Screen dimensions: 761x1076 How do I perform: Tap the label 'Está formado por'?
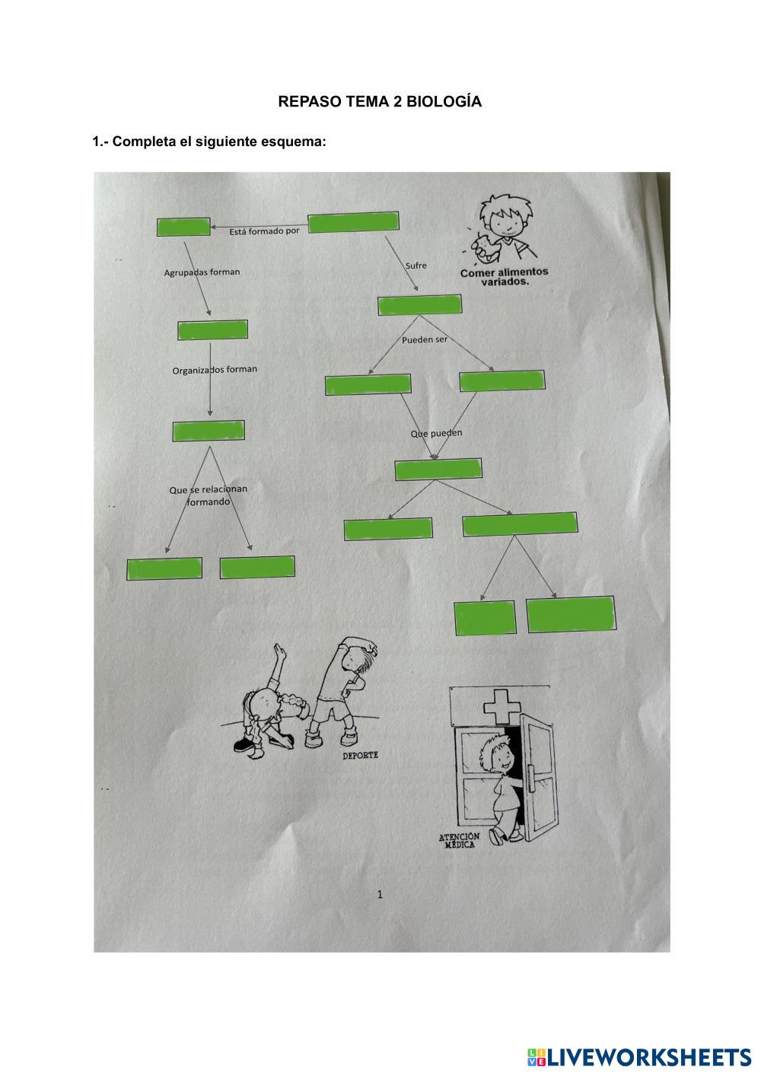(x=264, y=231)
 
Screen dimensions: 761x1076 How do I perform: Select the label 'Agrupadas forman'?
(x=202, y=272)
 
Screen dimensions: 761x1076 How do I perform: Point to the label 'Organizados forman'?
(x=215, y=370)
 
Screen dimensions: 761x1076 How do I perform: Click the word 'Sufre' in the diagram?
(x=416, y=266)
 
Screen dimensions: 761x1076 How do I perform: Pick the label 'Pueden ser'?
(x=425, y=339)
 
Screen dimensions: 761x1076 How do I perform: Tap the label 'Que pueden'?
(x=436, y=434)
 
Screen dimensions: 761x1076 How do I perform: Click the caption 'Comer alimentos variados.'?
(x=504, y=276)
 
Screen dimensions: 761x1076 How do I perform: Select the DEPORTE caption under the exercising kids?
(x=360, y=756)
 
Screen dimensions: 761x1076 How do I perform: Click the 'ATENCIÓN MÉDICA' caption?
(x=459, y=840)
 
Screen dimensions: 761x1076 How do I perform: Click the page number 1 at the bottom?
(x=380, y=894)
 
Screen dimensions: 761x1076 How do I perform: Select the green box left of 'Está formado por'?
(x=183, y=227)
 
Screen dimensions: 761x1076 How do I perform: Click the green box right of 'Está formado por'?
(x=353, y=222)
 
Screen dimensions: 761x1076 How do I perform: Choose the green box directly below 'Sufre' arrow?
(x=419, y=304)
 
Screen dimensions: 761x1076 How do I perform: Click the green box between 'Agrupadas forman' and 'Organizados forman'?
(x=212, y=330)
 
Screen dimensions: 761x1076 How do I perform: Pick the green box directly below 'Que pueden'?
(x=438, y=470)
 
